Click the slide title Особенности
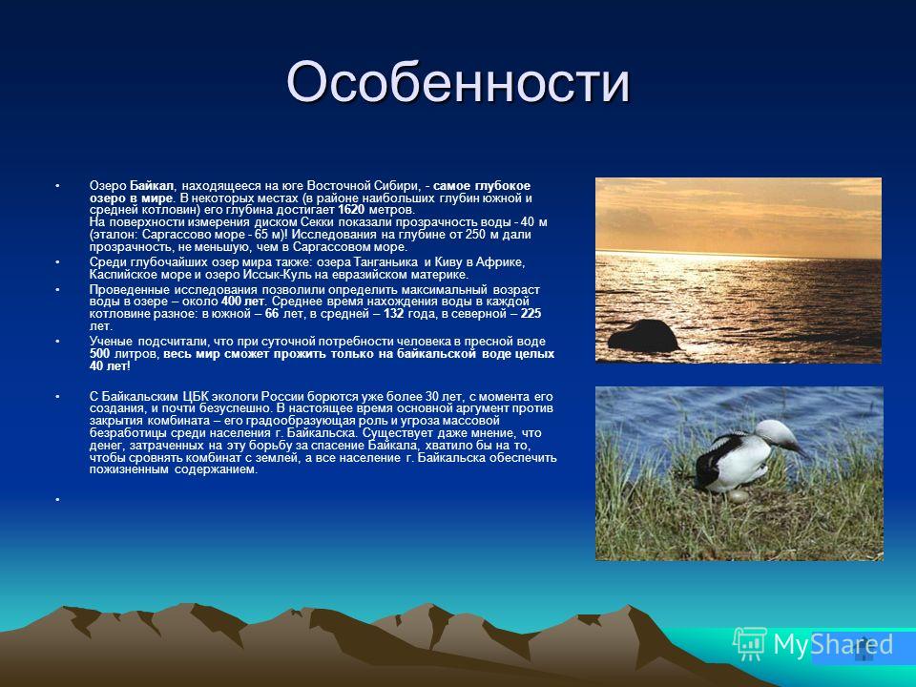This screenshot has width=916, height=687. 458,82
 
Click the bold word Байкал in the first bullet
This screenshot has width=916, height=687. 152,186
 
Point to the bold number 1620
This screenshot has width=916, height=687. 351,210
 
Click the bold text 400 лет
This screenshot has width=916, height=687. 243,302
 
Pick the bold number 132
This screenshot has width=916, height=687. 394,314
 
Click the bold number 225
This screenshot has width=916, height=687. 531,314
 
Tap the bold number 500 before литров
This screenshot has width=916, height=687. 100,354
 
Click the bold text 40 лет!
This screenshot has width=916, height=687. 110,366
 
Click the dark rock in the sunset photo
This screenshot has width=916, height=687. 643,336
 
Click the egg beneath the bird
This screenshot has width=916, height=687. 738,496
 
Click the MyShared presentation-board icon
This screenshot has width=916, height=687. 750,644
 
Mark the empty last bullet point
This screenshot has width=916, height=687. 57,500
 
